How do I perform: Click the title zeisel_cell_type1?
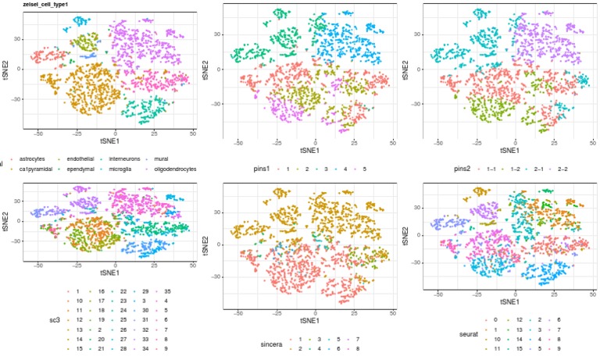[46, 5]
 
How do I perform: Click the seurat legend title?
[470, 334]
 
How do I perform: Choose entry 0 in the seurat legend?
[495, 319]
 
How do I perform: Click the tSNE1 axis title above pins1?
[308, 150]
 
